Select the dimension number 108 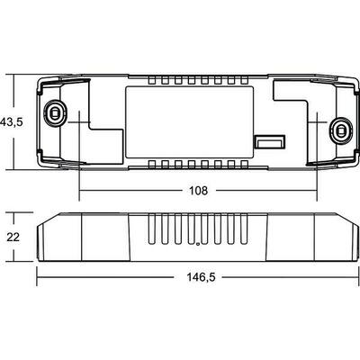(198, 191)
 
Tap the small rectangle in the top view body (266, 141)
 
